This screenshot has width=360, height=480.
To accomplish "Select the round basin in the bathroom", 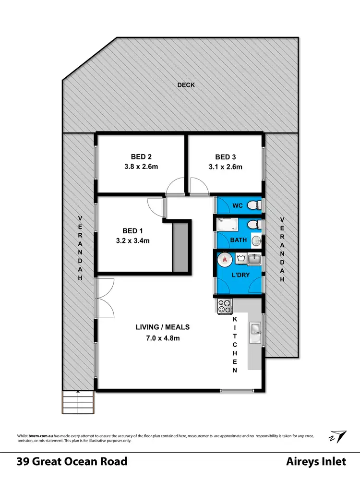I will click(x=256, y=240).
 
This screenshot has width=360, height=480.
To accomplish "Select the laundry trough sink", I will click(x=255, y=259).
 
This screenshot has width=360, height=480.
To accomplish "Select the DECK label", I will click(x=186, y=85).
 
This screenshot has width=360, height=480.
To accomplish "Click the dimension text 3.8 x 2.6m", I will click(x=141, y=167).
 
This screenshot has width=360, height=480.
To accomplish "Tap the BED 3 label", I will click(x=225, y=157).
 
